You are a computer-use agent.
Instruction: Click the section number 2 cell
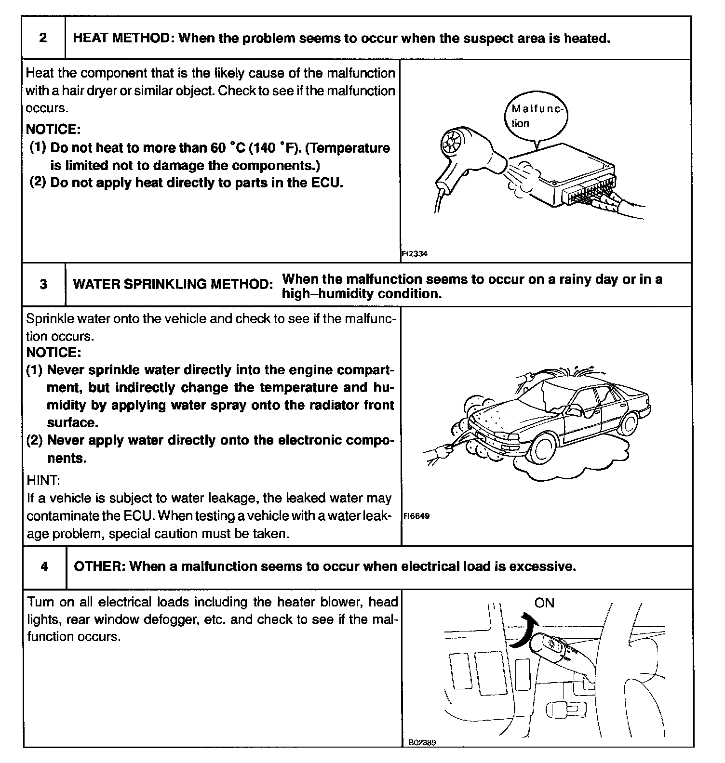pos(43,38)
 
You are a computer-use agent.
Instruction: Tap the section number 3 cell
pos(43,284)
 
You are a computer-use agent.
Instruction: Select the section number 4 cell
pos(44,566)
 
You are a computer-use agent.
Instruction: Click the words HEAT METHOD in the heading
pos(122,38)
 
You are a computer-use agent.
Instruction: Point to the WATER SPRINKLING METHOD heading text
pos(173,284)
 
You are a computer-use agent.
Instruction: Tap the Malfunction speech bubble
pos(536,117)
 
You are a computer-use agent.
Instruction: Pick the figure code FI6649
pos(416,516)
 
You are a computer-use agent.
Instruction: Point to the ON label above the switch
pos(544,603)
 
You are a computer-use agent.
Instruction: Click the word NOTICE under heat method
pos(52,129)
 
